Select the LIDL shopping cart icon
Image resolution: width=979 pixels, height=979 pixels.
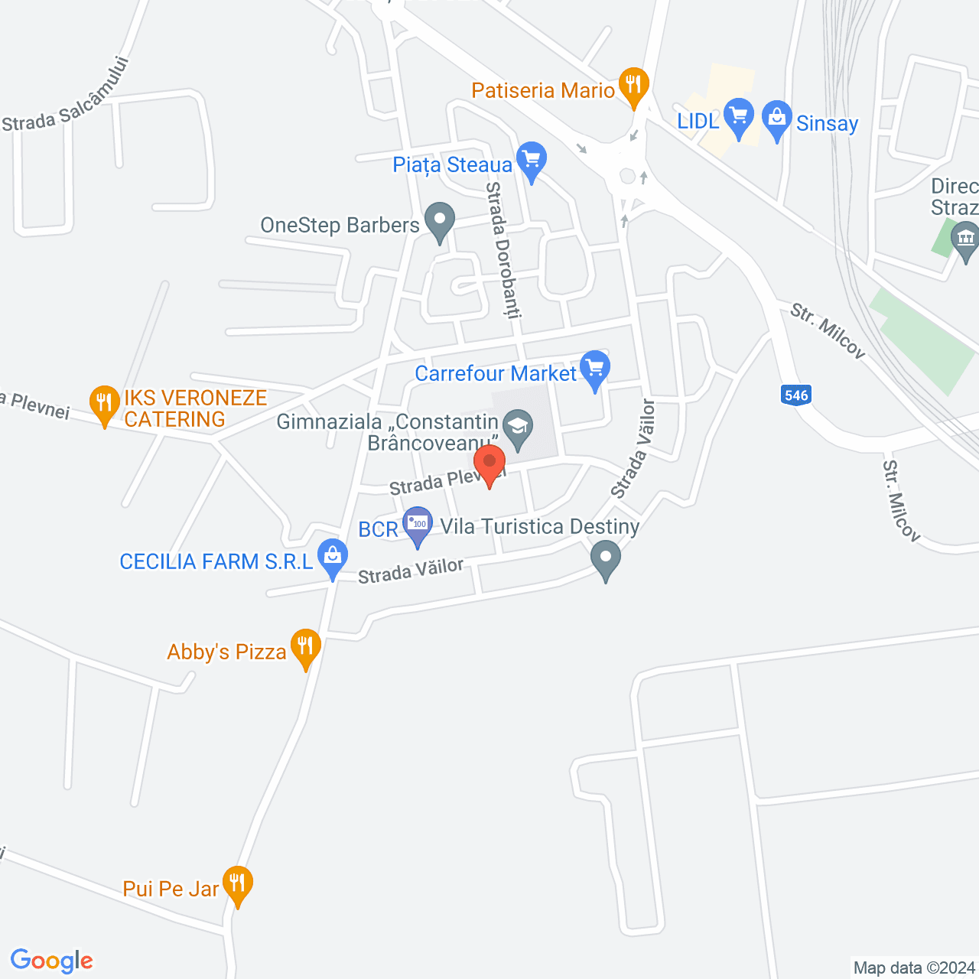click(739, 117)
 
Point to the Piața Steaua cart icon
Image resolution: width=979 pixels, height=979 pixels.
click(532, 160)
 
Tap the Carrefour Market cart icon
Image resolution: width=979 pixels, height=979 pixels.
click(595, 368)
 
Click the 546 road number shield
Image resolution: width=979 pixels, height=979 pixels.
click(796, 395)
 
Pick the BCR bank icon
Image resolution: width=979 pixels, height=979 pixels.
click(418, 525)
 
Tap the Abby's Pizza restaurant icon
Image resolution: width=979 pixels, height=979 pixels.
click(305, 646)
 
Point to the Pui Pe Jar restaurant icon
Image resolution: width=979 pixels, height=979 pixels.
click(238, 883)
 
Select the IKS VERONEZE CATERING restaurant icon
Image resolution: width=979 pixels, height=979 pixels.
click(105, 402)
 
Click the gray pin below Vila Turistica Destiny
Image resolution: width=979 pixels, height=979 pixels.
click(606, 558)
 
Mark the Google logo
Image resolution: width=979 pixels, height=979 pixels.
click(52, 961)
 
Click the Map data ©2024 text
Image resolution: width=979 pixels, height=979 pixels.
click(914, 968)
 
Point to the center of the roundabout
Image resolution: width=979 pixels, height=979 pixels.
click(628, 177)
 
